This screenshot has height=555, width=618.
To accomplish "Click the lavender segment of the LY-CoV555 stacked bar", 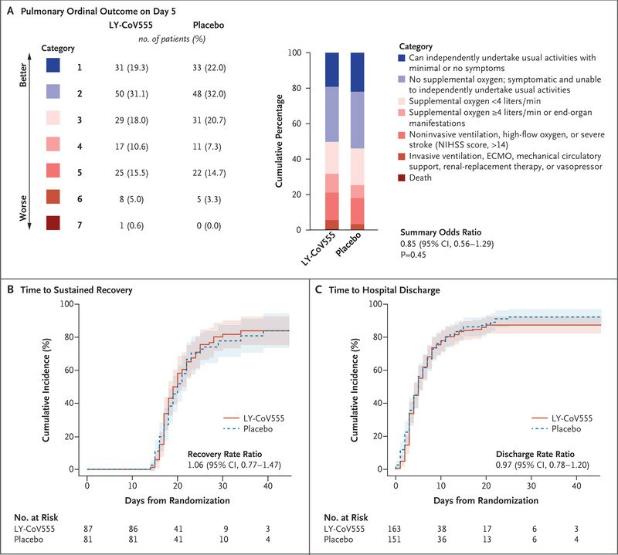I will point(332,114).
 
